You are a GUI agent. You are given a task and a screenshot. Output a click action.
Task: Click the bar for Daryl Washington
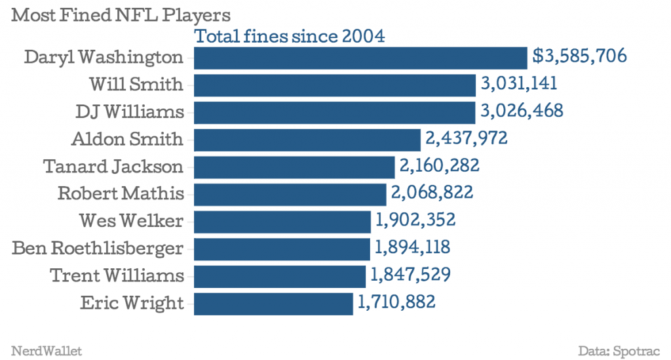tap(360, 58)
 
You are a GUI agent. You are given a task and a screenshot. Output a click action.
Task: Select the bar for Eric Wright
tap(273, 303)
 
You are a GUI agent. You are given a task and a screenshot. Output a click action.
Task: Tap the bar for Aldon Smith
tap(307, 140)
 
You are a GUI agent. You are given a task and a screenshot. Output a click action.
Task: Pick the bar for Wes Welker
tap(283, 221)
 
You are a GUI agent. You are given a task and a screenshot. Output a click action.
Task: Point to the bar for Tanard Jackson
tap(295, 167)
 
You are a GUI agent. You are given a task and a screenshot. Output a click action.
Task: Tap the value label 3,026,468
tap(521, 111)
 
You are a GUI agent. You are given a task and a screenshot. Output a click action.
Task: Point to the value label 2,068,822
tap(431, 193)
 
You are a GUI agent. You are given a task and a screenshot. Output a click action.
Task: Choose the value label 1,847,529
tap(409, 275)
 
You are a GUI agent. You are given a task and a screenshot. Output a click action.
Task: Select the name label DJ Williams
tap(129, 111)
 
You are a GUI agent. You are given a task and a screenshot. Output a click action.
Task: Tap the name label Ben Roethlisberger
tap(98, 248)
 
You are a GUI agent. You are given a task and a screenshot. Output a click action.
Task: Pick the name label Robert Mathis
tap(121, 193)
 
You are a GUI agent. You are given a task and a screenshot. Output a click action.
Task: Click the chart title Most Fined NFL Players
tap(121, 14)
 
